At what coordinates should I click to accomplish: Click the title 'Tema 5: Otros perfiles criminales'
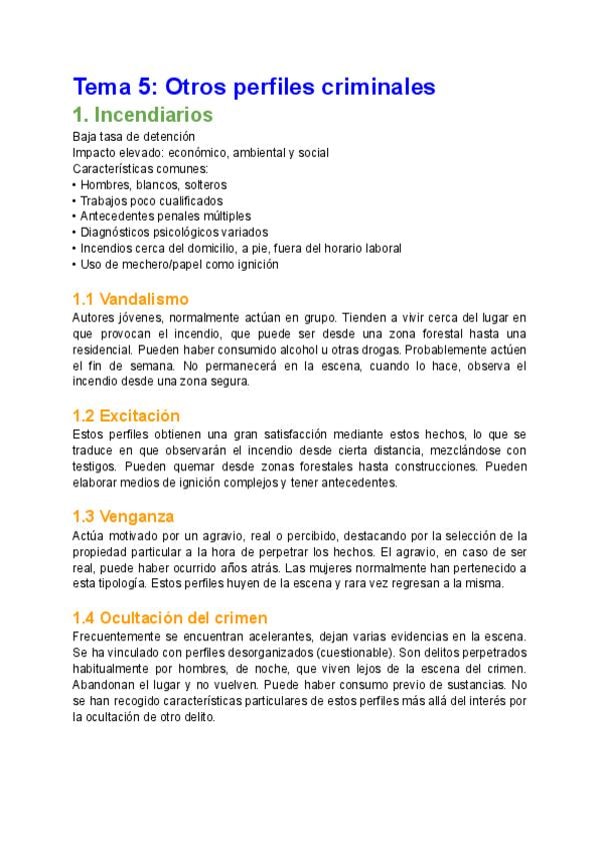click(254, 87)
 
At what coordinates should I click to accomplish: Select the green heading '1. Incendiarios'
click(142, 115)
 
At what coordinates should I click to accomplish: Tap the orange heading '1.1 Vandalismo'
click(130, 299)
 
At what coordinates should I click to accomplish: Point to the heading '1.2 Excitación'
click(126, 416)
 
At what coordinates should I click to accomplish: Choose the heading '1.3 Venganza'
click(123, 516)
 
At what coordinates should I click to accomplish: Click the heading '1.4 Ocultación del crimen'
click(170, 618)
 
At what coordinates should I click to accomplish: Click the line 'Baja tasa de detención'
click(134, 136)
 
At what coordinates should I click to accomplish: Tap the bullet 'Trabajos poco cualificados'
click(151, 201)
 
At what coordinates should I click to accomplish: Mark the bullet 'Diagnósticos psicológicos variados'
click(173, 233)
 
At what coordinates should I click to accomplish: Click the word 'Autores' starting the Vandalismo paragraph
click(93, 317)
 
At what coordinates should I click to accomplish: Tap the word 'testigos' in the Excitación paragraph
click(94, 466)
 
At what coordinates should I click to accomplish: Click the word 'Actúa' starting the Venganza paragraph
click(88, 535)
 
